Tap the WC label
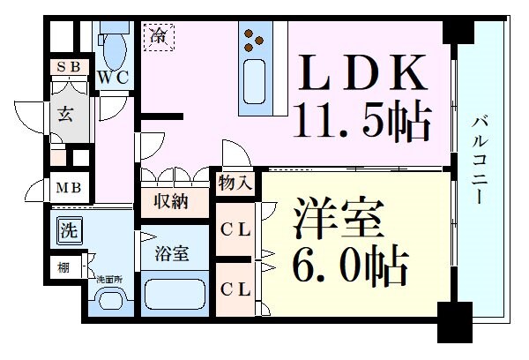coord(114,77)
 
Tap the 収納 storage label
coord(172,201)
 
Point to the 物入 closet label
coord(236,184)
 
